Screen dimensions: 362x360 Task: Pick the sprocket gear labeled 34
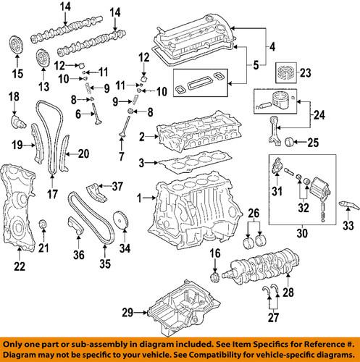pyautogui.click(x=122, y=219)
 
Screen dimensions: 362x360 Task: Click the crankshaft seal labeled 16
pyautogui.click(x=214, y=278)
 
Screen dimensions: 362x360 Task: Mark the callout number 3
pyautogui.click(x=143, y=162)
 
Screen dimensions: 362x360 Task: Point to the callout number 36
pyautogui.click(x=78, y=253)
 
